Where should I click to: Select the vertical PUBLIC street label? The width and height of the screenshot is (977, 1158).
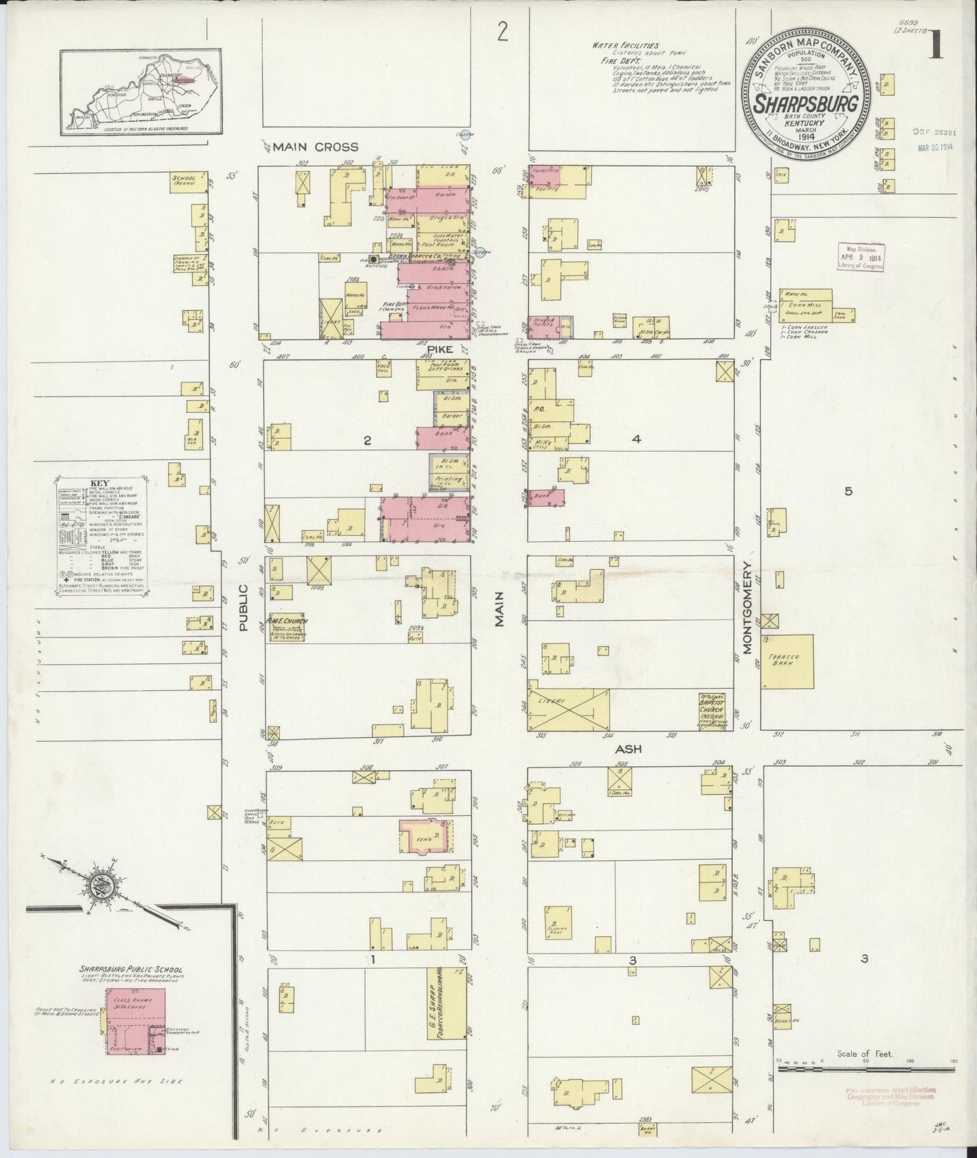tap(244, 607)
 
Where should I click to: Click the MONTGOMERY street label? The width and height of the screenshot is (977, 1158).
tap(748, 615)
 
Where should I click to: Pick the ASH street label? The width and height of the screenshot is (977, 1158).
tap(627, 749)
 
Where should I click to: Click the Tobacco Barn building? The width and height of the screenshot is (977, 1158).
tap(787, 661)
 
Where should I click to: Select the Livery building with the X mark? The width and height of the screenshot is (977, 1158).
tap(568, 709)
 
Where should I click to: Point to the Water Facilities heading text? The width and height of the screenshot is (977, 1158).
tap(617, 45)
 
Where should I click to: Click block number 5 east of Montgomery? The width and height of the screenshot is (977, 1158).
tap(847, 491)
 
